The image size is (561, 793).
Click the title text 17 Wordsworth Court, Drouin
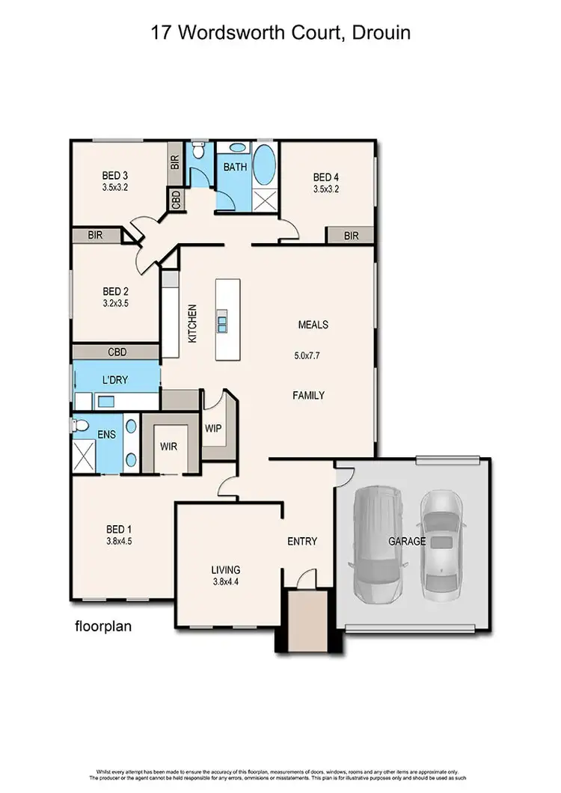pyautogui.click(x=280, y=33)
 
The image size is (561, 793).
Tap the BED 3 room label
pyautogui.click(x=115, y=177)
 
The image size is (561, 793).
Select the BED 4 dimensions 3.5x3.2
pyautogui.click(x=326, y=189)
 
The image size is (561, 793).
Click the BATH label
pyautogui.click(x=235, y=167)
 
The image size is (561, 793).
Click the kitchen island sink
pyautogui.click(x=223, y=322)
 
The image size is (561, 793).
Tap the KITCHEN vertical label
pyautogui.click(x=192, y=323)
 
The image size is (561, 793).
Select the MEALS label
pyautogui.click(x=313, y=325)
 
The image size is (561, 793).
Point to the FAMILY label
pyautogui.click(x=308, y=395)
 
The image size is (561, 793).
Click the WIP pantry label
pyautogui.click(x=215, y=429)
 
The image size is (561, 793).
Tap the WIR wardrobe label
pyautogui.click(x=168, y=447)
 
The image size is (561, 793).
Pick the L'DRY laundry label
pyautogui.click(x=115, y=380)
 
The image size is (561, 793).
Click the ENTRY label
pyautogui.click(x=302, y=541)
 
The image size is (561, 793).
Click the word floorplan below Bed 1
pyautogui.click(x=103, y=626)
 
